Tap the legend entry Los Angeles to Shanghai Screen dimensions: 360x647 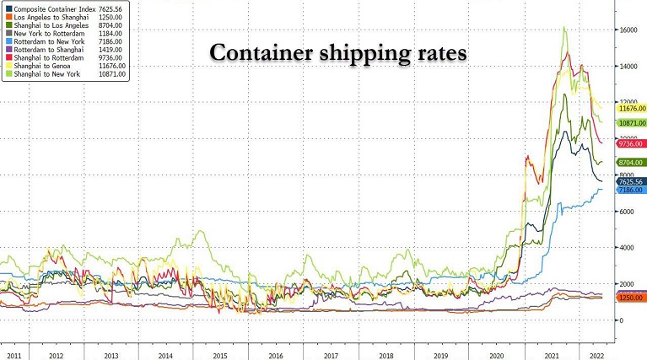(x=51, y=19)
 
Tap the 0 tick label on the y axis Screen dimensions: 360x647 (x=620, y=320)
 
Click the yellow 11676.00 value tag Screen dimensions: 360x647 (x=631, y=109)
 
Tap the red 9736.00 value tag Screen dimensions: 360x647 (x=631, y=144)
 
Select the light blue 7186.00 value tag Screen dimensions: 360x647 (x=631, y=191)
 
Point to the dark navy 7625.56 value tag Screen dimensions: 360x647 (x=631, y=181)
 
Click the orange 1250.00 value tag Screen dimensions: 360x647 (x=631, y=298)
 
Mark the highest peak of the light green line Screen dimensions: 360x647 (x=563, y=28)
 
